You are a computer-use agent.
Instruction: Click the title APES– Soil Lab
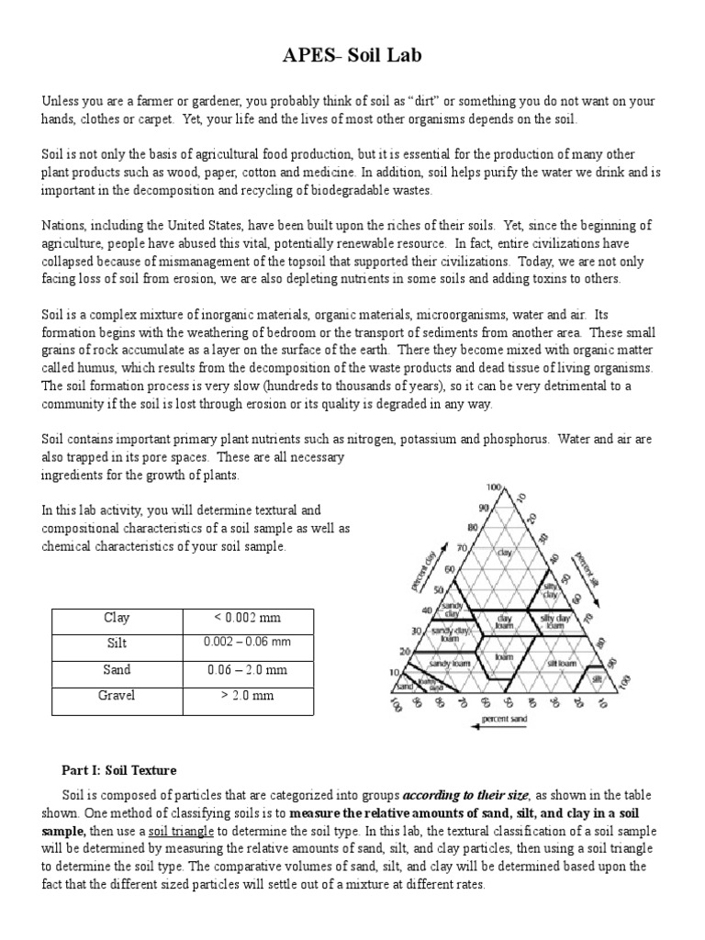coord(352,58)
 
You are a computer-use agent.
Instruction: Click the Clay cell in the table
coord(117,618)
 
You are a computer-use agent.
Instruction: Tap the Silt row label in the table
coord(117,643)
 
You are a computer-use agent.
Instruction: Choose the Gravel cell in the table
coord(117,696)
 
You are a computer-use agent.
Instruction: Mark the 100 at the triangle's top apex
coord(493,487)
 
